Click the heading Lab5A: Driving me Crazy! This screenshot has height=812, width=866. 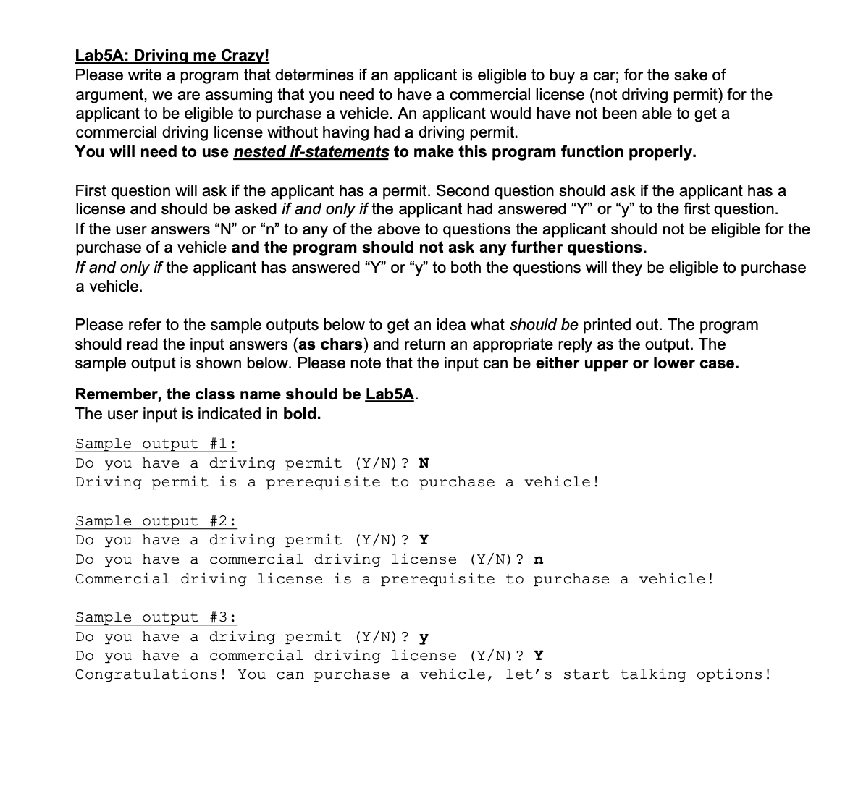[172, 56]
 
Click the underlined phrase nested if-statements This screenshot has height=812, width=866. [311, 152]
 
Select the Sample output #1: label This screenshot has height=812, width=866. [156, 444]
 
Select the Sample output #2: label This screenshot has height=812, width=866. [156, 521]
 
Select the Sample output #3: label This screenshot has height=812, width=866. [156, 617]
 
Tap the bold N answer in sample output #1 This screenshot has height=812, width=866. [424, 463]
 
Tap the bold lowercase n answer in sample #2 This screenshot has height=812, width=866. [539, 559]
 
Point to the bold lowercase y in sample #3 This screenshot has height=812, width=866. [424, 638]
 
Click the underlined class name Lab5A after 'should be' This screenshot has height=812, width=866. [390, 394]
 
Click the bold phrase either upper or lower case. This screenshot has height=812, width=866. [637, 363]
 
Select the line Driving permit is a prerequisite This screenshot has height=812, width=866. [337, 482]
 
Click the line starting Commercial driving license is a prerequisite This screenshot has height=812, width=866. [395, 579]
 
